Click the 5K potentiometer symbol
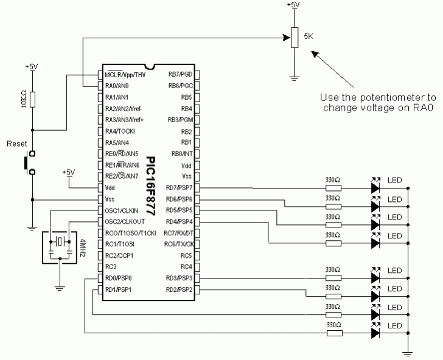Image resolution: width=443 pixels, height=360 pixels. (x=295, y=38)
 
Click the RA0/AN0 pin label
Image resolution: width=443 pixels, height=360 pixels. (x=117, y=86)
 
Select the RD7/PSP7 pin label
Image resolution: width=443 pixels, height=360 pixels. (x=179, y=187)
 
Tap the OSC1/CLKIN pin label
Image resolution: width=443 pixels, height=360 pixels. (x=121, y=210)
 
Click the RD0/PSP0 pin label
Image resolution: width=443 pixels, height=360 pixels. (x=118, y=279)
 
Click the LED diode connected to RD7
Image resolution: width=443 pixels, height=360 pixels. (x=375, y=188)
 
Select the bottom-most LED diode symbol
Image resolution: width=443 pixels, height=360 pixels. (x=375, y=333)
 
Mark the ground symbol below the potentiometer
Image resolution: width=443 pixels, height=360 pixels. (x=295, y=78)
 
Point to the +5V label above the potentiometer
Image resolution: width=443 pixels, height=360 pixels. (x=294, y=5)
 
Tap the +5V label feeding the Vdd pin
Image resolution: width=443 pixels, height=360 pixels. (x=68, y=172)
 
